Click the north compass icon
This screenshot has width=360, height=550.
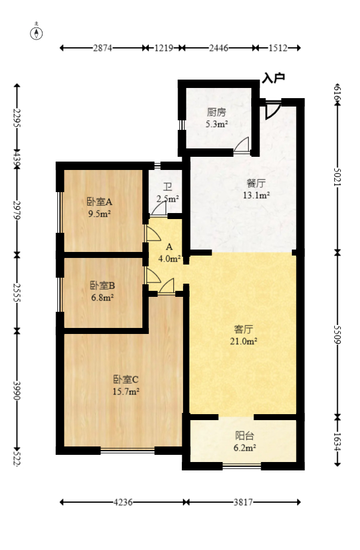click(x=36, y=32)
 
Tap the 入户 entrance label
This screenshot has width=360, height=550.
click(x=273, y=77)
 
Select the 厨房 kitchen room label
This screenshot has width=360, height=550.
click(x=216, y=112)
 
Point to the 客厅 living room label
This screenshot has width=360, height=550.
click(x=244, y=329)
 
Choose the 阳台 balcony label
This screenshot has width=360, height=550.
click(x=244, y=436)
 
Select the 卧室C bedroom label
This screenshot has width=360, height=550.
click(x=126, y=379)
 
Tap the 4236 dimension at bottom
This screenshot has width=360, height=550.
click(x=124, y=503)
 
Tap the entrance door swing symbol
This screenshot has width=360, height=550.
click(x=272, y=110)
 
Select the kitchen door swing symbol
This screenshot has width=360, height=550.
click(x=242, y=145)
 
